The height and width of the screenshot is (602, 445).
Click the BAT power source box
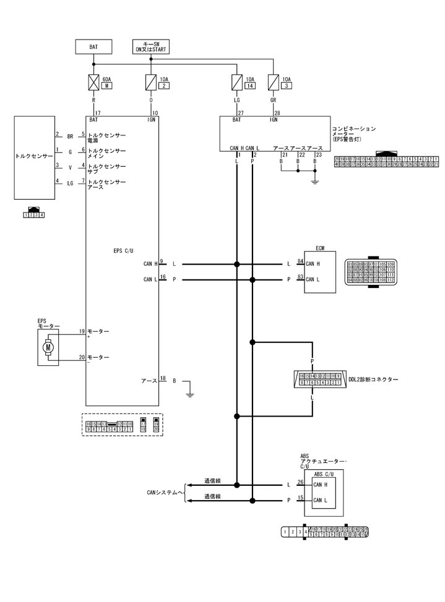[93, 46]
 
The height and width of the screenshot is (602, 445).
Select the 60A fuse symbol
[93, 82]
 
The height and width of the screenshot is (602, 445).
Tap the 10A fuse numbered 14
[236, 82]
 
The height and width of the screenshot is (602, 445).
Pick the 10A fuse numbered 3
[273, 82]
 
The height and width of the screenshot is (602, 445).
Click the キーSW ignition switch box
[151, 46]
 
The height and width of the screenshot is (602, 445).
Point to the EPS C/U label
[124, 251]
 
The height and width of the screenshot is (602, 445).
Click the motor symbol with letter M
[48, 348]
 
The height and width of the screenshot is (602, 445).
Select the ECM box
[319, 272]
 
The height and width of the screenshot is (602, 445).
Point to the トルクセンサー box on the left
[34, 157]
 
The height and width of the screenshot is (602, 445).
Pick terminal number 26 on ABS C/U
[300, 482]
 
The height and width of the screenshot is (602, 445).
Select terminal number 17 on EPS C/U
[97, 112]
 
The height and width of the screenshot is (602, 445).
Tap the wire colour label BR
[70, 135]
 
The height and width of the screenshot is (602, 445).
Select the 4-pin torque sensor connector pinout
[33, 214]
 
